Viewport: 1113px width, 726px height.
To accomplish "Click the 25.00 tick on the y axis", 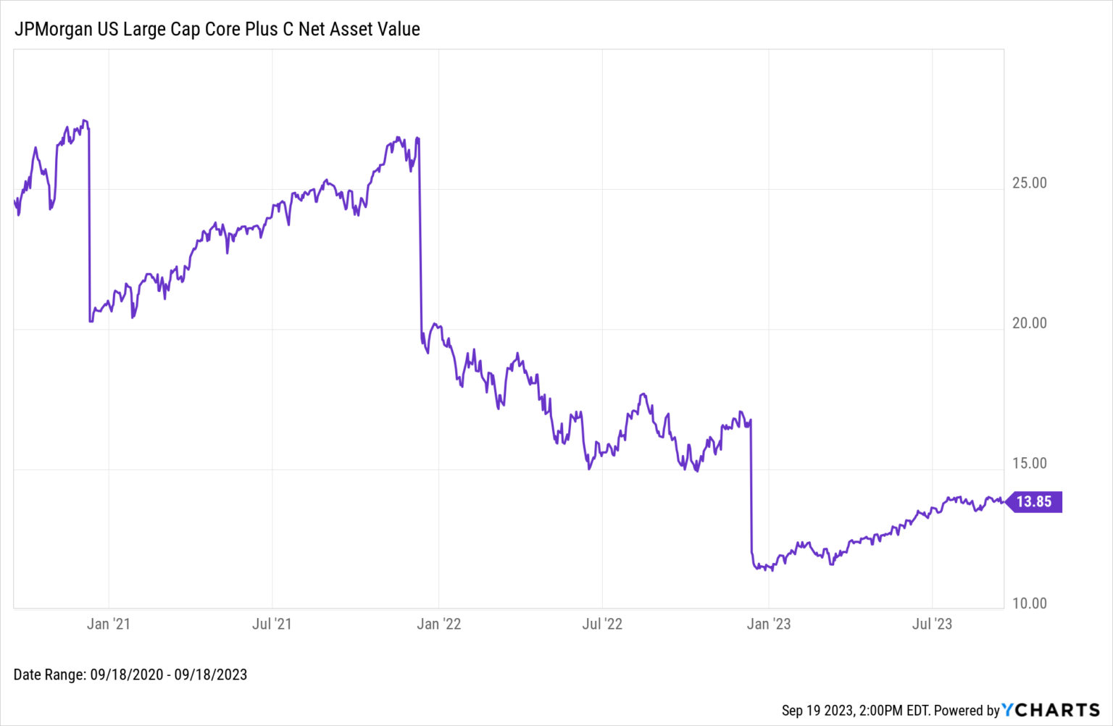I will pyautogui.click(x=1029, y=183).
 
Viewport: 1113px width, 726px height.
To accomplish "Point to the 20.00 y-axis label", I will pyautogui.click(x=1029, y=323).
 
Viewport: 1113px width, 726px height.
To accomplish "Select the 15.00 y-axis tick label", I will pyautogui.click(x=1029, y=464).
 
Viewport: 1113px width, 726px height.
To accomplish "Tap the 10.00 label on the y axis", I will pyautogui.click(x=1029, y=604).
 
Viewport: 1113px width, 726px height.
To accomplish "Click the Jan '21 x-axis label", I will pyautogui.click(x=109, y=624).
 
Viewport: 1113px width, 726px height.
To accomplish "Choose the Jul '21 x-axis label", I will pyautogui.click(x=272, y=624).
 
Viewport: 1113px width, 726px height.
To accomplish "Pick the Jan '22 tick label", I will pyautogui.click(x=438, y=624).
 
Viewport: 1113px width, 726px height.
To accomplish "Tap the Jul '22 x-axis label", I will pyautogui.click(x=602, y=624).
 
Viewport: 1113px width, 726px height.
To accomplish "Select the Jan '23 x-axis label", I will pyautogui.click(x=769, y=624).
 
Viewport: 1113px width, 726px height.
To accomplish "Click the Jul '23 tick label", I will pyautogui.click(x=932, y=624).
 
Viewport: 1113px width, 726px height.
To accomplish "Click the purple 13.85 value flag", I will pyautogui.click(x=1034, y=502).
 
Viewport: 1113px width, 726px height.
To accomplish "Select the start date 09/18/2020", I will pyautogui.click(x=127, y=675).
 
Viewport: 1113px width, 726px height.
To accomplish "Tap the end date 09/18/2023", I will pyautogui.click(x=211, y=675).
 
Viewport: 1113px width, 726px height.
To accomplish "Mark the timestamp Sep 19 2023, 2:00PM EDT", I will pyautogui.click(x=855, y=710).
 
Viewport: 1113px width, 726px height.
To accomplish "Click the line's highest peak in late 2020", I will pyautogui.click(x=85, y=120).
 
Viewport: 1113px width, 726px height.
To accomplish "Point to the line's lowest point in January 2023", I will pyautogui.click(x=772, y=570).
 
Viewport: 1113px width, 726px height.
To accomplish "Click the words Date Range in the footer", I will pyautogui.click(x=49, y=675).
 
